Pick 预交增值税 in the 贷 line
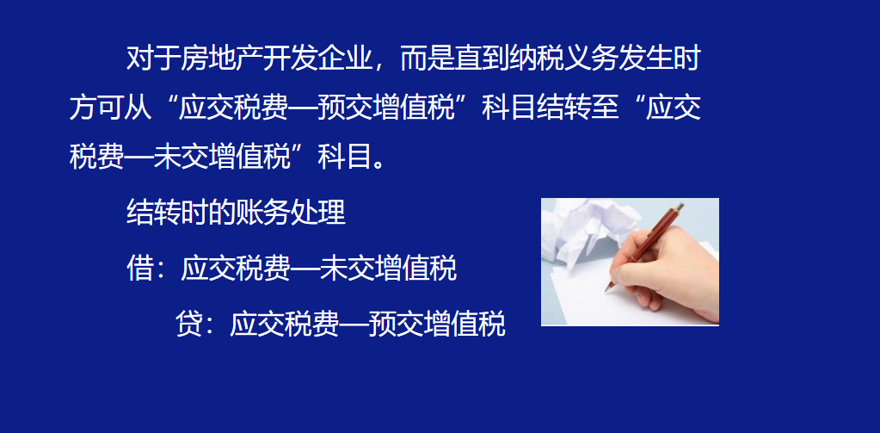click(x=436, y=325)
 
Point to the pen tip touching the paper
click(x=606, y=289)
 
